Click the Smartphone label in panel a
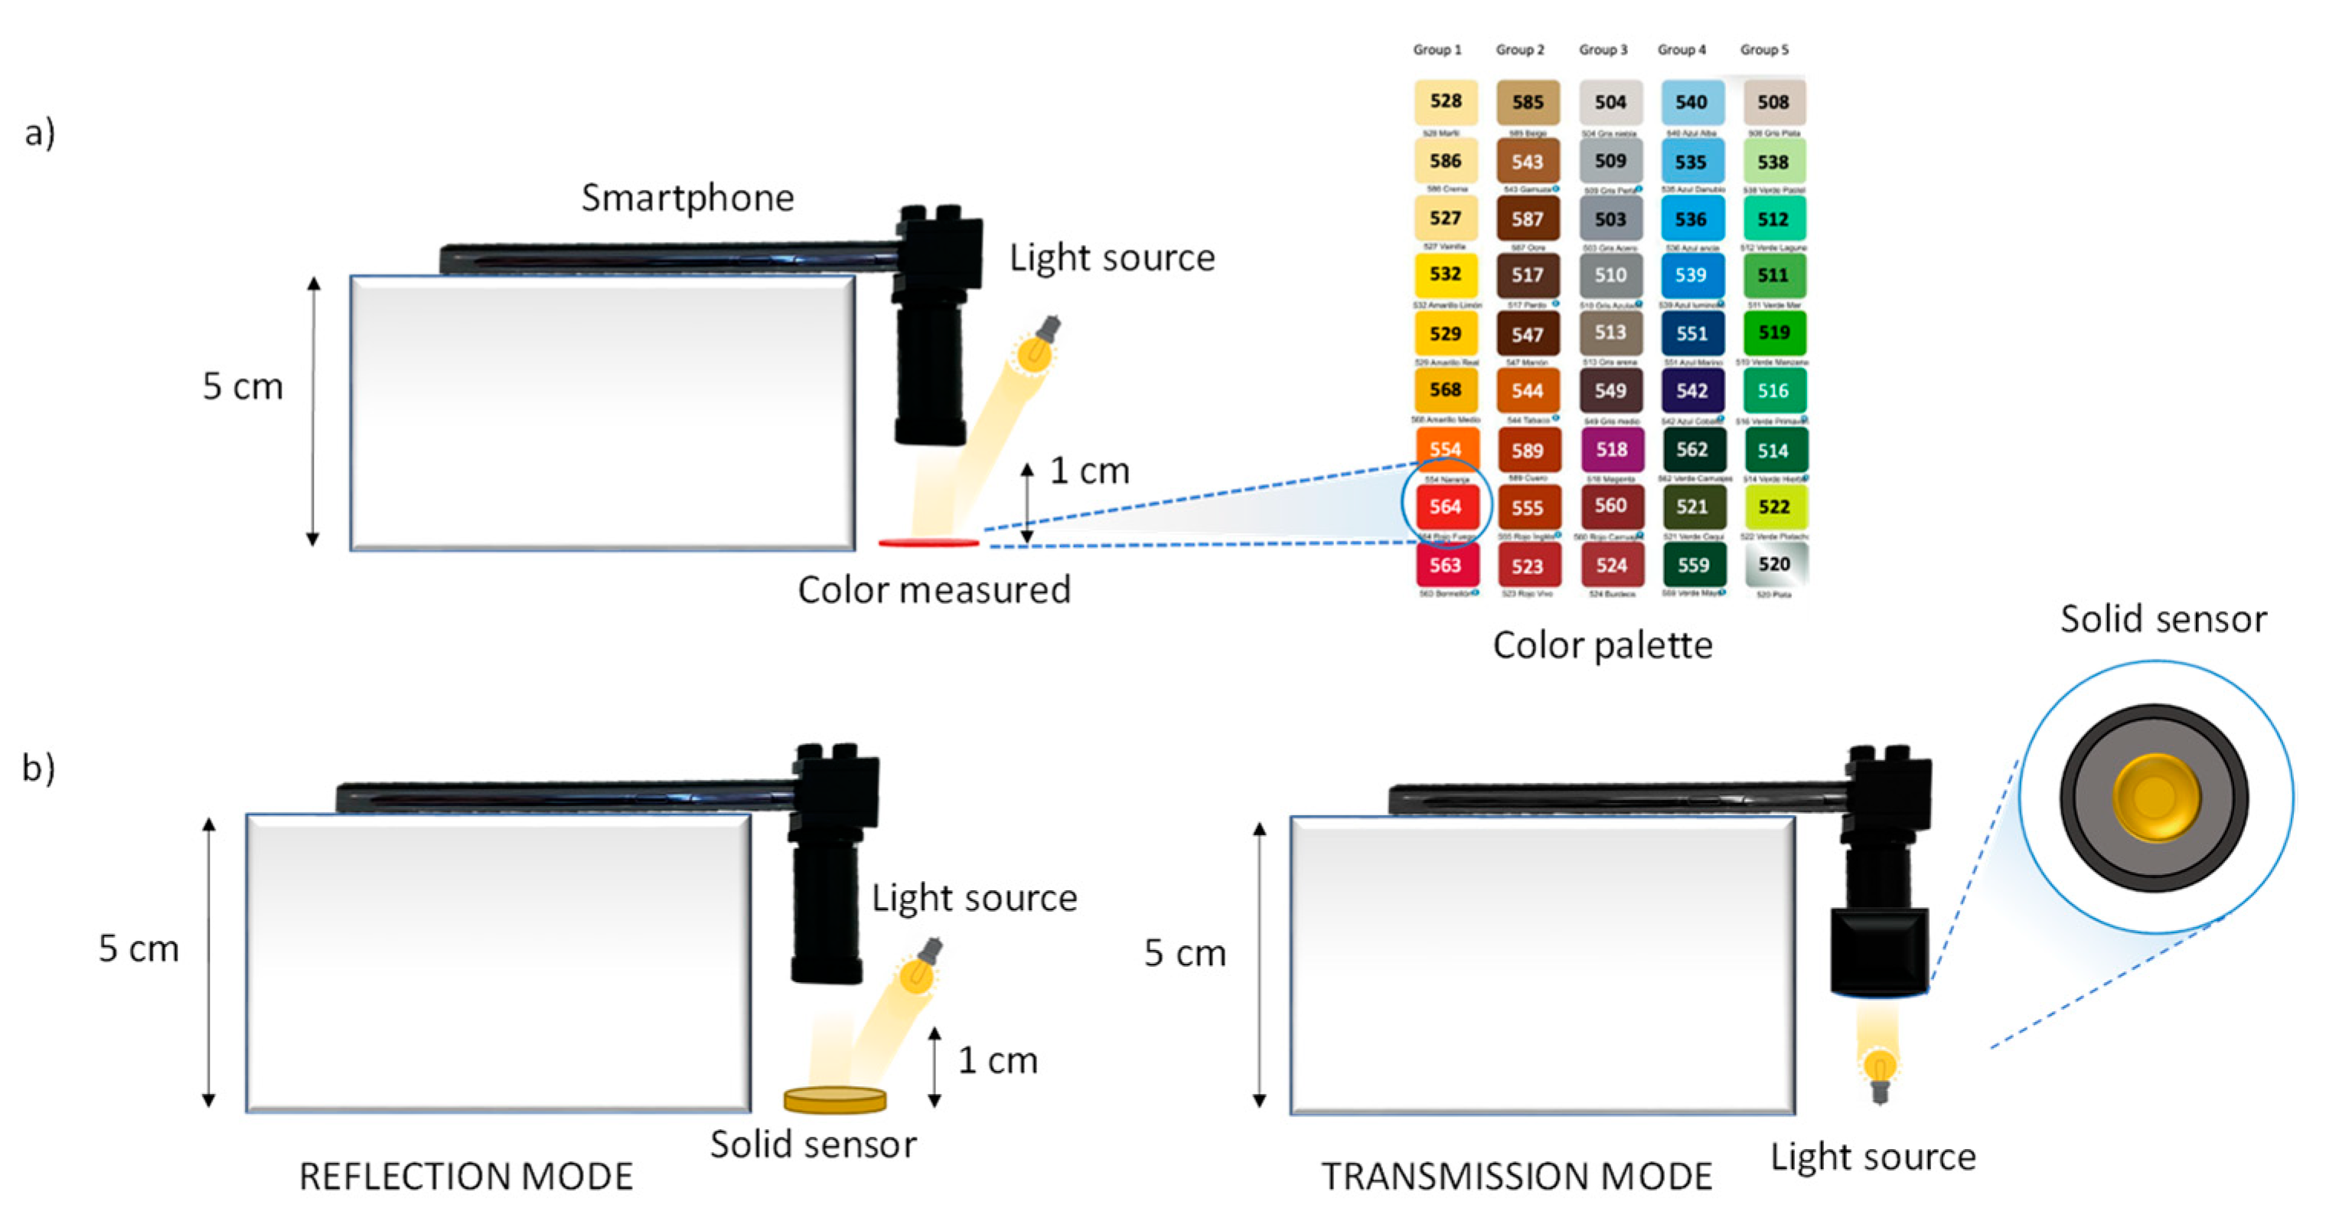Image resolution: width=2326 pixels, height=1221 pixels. [x=687, y=198]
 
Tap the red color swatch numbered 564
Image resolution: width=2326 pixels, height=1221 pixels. [x=1446, y=507]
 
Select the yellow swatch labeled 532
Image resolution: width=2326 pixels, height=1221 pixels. [x=1445, y=275]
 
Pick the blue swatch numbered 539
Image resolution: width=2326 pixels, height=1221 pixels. [x=1691, y=275]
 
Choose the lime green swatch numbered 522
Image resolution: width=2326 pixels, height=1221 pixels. [x=1773, y=507]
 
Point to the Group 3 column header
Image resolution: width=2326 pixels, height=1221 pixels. [x=1603, y=50]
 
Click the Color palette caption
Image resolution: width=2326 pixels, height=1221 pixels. [x=1602, y=645]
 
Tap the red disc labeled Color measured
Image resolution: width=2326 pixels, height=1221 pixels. [x=928, y=543]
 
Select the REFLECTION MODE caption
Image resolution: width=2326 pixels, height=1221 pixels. [x=466, y=1177]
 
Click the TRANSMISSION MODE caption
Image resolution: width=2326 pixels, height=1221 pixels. [x=1516, y=1177]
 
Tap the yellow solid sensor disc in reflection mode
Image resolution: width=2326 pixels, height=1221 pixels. [x=834, y=1099]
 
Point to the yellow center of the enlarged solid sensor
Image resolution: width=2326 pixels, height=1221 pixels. [x=2155, y=798]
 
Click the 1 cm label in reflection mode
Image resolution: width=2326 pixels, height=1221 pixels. [x=997, y=1060]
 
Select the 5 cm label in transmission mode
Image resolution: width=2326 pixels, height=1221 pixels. [x=1185, y=953]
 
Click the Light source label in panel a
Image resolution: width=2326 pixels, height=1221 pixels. [x=1111, y=258]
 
